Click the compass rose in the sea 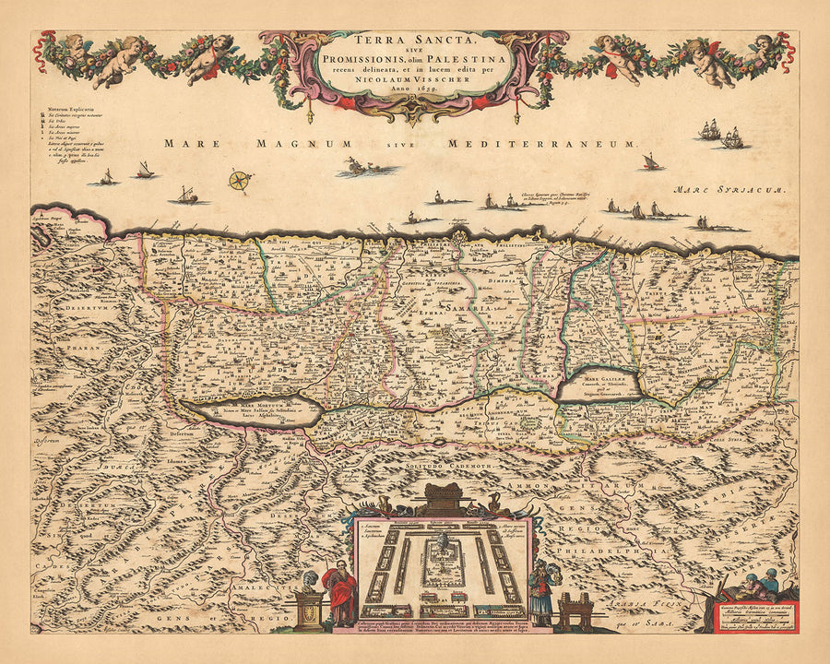pos(240,180)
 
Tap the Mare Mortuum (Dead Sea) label pos(249,405)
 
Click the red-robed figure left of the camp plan pos(338,591)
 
